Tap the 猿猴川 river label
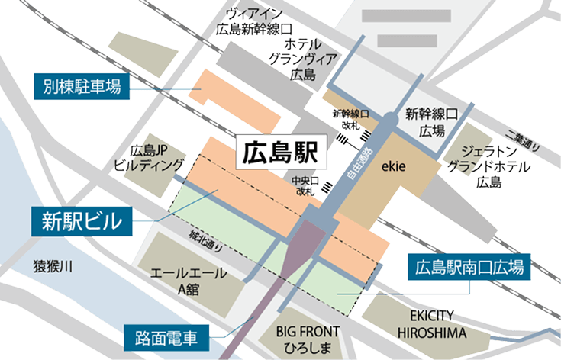pyautogui.click(x=52, y=267)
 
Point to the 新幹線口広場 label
pyautogui.click(x=430, y=123)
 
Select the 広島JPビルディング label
pyautogui.click(x=150, y=157)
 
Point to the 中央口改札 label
pyautogui.click(x=301, y=187)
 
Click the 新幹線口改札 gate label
pyautogui.click(x=350, y=121)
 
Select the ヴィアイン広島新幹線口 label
pyautogui.click(x=255, y=21)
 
